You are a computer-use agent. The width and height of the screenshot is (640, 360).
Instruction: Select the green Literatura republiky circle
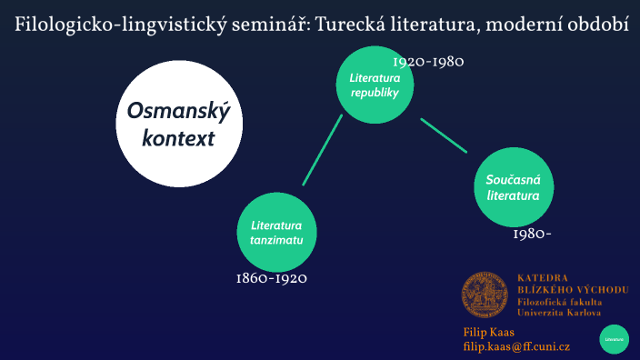click(x=375, y=85)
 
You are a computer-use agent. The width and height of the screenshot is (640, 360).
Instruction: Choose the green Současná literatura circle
click(x=513, y=188)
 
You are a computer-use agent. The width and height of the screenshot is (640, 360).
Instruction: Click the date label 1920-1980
click(x=428, y=62)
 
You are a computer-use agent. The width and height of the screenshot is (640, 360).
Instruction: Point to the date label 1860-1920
click(x=271, y=278)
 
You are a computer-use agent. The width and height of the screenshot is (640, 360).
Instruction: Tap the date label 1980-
click(x=532, y=234)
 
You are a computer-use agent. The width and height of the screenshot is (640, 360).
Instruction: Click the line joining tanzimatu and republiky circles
click(x=322, y=151)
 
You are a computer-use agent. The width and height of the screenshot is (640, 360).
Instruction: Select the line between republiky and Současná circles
click(x=443, y=134)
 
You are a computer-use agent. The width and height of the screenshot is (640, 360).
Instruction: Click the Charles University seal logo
click(x=485, y=295)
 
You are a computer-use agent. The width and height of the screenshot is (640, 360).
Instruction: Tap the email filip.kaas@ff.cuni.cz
click(x=515, y=346)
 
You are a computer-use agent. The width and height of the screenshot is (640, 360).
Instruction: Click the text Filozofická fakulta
click(x=555, y=301)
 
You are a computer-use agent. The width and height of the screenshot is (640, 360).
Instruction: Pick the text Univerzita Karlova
click(x=558, y=312)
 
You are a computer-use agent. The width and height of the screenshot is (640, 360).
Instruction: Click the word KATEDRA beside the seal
click(x=542, y=276)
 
